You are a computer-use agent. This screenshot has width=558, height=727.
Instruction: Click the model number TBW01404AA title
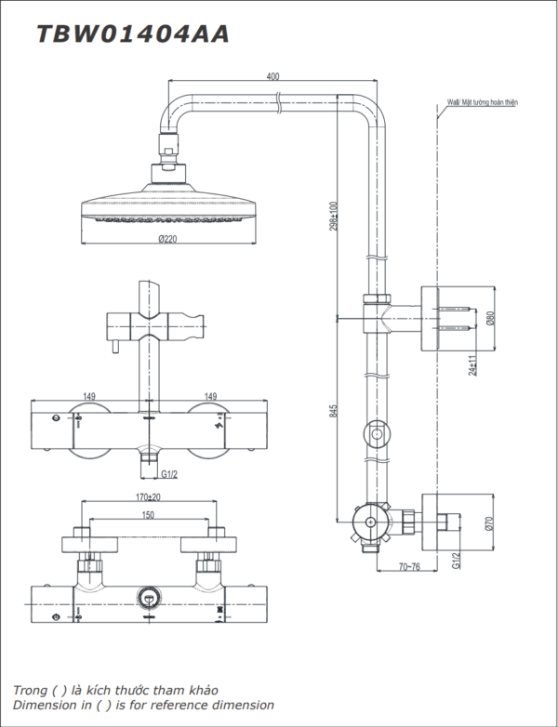133,34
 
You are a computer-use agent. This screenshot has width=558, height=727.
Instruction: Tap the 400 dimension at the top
273,76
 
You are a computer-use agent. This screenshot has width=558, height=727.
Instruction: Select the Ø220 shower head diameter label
167,239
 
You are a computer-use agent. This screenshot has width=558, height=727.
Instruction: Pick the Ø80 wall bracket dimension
491,318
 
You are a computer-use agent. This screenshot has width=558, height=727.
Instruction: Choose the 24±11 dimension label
472,365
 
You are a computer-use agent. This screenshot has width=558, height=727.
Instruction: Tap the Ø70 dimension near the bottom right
490,523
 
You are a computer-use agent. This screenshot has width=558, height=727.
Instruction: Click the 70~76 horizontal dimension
408,567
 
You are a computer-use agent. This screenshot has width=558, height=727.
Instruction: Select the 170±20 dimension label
149,497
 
